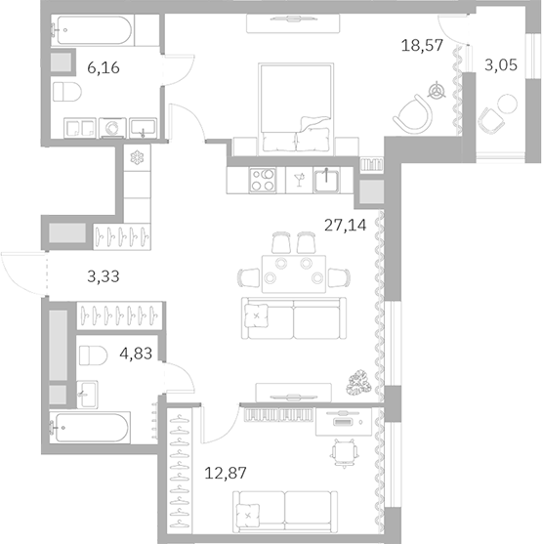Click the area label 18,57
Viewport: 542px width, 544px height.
tap(422, 45)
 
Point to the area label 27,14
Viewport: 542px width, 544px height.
tap(346, 223)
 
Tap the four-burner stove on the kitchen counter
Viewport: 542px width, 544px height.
tap(264, 179)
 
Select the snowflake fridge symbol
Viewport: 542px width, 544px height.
tap(136, 158)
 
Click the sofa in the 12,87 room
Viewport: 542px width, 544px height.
tap(272, 510)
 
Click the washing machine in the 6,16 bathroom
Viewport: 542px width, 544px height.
tap(112, 127)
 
